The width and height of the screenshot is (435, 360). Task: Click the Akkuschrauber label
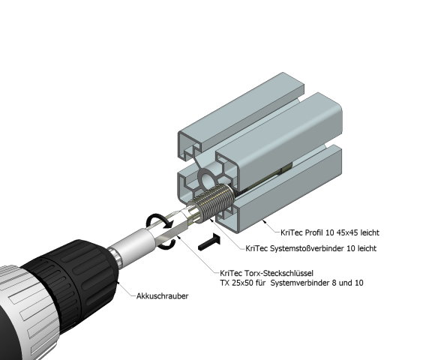coord(162,296)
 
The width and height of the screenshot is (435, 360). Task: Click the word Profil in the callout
coord(314,232)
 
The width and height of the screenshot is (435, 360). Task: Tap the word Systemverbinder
coord(299,283)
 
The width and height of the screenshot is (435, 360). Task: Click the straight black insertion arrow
coord(210,241)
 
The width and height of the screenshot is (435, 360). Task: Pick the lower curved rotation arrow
coord(169,244)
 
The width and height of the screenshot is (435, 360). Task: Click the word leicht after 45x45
coord(370,232)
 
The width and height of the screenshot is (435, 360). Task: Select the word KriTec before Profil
coord(292,232)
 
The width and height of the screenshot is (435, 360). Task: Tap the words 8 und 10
coord(347,283)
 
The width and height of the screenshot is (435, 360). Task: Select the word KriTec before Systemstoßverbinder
coord(256,248)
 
